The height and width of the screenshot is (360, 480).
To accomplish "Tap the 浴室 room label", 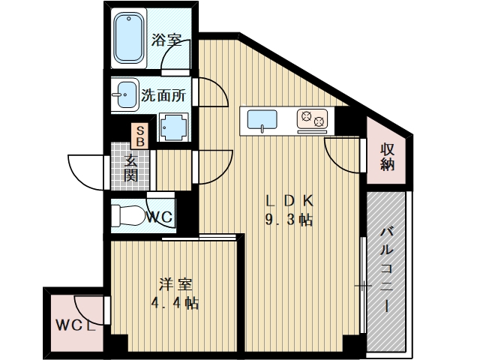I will [166, 40].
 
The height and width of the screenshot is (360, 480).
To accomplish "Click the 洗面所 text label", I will [163, 96].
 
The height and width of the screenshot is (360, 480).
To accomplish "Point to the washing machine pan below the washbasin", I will [174, 127].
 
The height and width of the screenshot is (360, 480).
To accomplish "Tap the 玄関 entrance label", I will [130, 168].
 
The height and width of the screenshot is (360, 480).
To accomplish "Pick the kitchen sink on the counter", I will [262, 118].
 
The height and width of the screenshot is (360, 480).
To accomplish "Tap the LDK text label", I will [289, 201].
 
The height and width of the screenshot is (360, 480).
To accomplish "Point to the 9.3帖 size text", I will [289, 220].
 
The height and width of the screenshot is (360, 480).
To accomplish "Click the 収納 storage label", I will [387, 157].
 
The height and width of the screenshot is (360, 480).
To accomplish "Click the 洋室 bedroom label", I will [178, 284].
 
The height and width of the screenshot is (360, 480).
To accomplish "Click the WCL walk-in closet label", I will [74, 326].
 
